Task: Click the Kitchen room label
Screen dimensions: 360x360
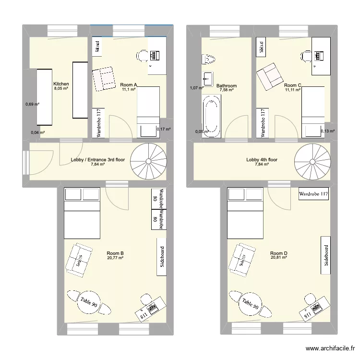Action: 61,84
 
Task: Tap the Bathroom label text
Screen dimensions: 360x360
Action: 226,86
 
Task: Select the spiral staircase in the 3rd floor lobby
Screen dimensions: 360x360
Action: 147,159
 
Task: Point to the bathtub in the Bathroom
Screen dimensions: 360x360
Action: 212,117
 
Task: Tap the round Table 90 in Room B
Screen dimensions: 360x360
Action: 88,302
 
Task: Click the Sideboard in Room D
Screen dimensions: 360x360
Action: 326,255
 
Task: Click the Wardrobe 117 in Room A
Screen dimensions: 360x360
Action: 98,123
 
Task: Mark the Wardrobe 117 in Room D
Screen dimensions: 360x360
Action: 313,194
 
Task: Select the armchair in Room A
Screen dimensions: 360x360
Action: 104,79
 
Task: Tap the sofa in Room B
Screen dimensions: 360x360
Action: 79,260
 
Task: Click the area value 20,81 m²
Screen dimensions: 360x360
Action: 278,258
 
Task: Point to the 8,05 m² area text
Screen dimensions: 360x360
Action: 61,89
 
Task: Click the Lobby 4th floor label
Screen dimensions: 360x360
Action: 262,160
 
